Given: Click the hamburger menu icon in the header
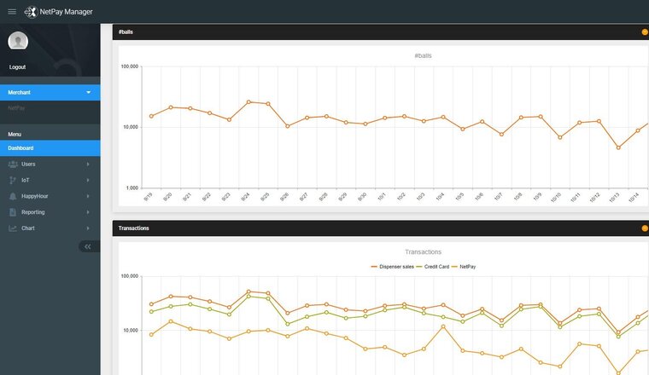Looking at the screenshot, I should coord(12,11).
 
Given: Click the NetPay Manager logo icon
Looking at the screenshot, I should coord(31,12).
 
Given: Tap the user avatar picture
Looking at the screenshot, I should coord(18,41).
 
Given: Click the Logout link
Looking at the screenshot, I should coord(17,66).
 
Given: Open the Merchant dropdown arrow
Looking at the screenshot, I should coord(88,92).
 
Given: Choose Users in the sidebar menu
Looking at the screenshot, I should coord(28,164).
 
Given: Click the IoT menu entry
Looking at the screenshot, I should coord(26,180).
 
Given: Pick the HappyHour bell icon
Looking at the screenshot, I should coord(13,196).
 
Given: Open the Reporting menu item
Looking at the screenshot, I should coord(33,212).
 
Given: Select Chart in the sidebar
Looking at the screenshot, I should coord(28,228).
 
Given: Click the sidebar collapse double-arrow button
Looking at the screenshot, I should coord(87,246).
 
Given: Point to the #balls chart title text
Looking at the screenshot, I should coord(423,55).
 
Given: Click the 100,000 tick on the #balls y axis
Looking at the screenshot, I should coord(130,66).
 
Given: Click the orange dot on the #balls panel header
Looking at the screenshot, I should coord(645,32).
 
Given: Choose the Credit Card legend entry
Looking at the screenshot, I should coord(436,267).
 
